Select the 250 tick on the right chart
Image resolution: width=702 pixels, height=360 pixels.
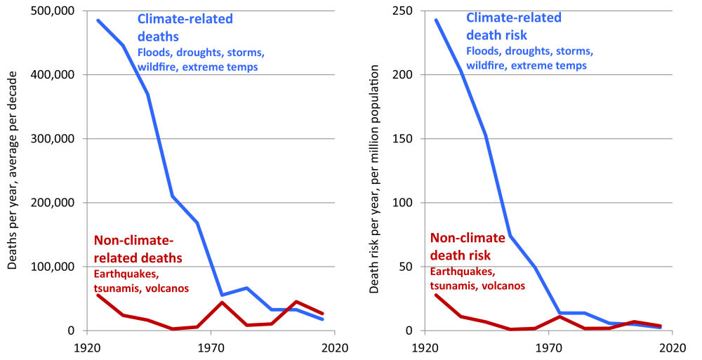(403, 11)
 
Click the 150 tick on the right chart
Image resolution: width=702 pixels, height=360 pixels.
(403, 139)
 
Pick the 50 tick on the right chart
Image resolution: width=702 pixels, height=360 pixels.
(406, 267)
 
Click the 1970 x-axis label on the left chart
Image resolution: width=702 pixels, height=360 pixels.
(210, 347)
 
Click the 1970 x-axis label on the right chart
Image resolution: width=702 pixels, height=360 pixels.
(549, 347)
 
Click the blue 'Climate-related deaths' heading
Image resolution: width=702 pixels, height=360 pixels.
(185, 27)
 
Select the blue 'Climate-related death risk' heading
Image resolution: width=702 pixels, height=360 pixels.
(514, 26)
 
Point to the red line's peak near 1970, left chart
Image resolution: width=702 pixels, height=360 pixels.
(222, 302)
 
